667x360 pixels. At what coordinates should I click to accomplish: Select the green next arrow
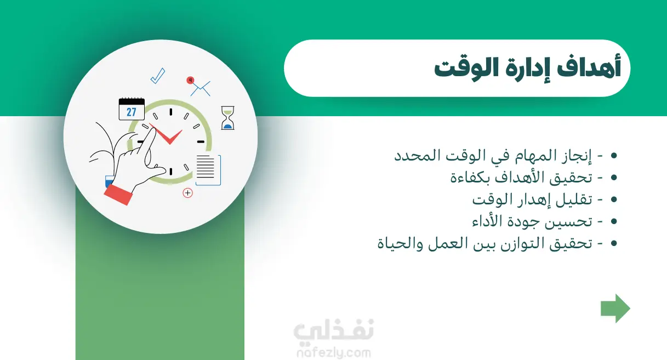[x=615, y=308]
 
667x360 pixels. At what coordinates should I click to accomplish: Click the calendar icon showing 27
[x=132, y=109]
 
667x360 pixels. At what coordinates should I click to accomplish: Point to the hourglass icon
[x=228, y=118]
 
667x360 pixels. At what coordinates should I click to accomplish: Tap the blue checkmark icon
[x=158, y=76]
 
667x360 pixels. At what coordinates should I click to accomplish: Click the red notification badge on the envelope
[x=190, y=80]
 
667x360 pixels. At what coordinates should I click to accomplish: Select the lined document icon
[x=208, y=170]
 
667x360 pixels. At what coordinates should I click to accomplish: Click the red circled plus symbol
[x=187, y=193]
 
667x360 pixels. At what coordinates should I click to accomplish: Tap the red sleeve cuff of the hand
[x=118, y=195]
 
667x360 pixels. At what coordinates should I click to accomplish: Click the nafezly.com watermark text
[x=334, y=353]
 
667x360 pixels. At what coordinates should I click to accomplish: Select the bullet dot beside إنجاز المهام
[x=614, y=156]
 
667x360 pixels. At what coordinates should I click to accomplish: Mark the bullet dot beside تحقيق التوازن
[x=614, y=244]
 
